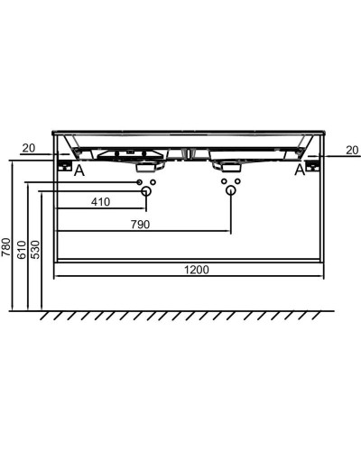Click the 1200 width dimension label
[199, 269]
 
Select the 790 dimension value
[140, 223]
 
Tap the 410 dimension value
[101, 202]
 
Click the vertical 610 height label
[21, 249]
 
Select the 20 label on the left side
[29, 148]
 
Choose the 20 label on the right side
[350, 148]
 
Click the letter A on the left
[80, 170]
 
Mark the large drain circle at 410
[145, 192]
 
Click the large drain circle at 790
[231, 192]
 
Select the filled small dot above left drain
[140, 183]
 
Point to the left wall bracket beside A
[63, 166]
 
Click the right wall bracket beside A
[314, 166]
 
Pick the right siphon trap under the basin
[227, 164]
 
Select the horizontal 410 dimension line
[99, 211]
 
